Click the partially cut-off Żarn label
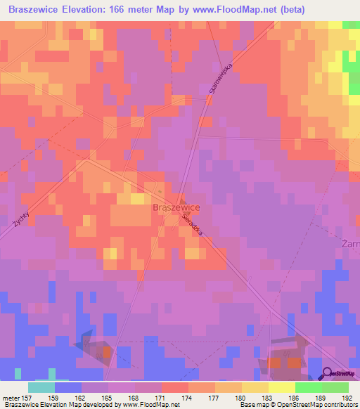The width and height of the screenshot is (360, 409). coord(350,244)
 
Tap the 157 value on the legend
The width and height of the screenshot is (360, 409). coord(29,397)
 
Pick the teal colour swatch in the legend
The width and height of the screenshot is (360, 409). coord(41,387)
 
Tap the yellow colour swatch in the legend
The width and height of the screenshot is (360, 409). coord(282,387)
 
